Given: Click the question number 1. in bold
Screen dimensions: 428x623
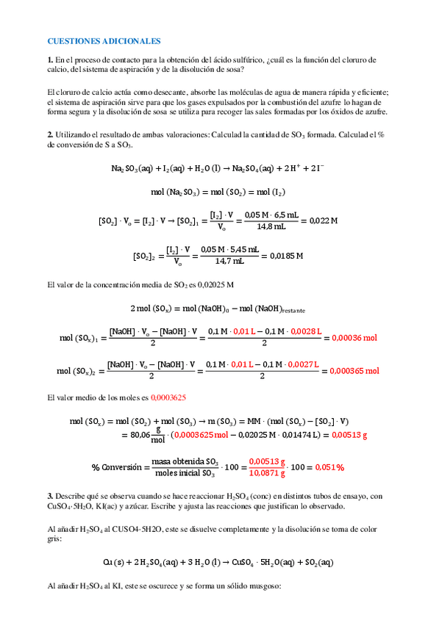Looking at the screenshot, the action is (49, 60).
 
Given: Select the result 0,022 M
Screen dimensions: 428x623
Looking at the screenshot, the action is (324, 220).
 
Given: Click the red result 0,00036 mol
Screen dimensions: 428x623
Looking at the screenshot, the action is (354, 338).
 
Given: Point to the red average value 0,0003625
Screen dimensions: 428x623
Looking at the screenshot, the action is (168, 397).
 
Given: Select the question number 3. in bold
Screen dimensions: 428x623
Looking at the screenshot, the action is (49, 496).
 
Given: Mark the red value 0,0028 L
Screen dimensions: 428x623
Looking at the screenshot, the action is (306, 331).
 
